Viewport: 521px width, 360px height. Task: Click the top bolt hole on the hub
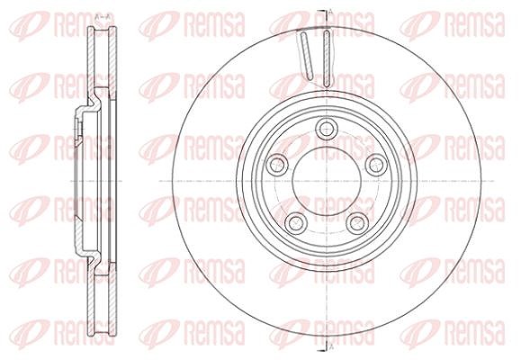(327, 129)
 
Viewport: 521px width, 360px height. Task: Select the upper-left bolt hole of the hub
(277, 164)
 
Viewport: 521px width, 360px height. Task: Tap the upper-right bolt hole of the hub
(376, 164)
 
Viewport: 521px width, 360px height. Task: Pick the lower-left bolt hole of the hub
(296, 222)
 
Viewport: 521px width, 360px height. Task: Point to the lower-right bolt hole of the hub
(357, 222)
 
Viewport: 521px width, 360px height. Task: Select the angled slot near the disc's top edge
(306, 56)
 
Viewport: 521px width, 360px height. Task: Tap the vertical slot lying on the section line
(327, 58)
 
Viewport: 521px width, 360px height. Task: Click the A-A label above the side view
(103, 16)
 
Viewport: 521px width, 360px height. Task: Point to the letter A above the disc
(331, 13)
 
